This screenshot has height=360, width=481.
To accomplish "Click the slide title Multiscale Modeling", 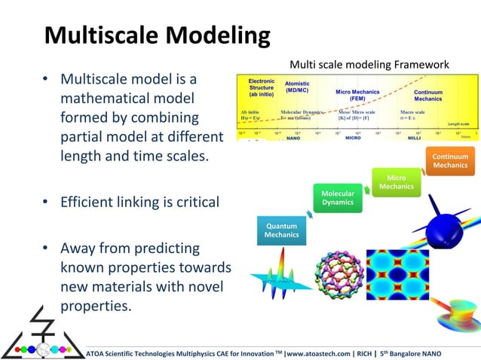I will (157, 36).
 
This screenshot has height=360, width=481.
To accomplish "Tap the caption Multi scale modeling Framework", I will (369, 66).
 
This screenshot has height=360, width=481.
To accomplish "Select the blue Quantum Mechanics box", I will (280, 230).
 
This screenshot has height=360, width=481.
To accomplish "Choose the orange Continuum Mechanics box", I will (450, 161).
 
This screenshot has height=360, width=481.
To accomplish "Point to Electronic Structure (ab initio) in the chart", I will (262, 88).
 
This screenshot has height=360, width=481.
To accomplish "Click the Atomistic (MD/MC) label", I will (297, 87).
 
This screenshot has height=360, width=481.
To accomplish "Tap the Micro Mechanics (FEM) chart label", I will (358, 95).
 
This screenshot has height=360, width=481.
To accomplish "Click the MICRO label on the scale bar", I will (354, 139).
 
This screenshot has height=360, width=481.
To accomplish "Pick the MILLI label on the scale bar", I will (414, 139).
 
